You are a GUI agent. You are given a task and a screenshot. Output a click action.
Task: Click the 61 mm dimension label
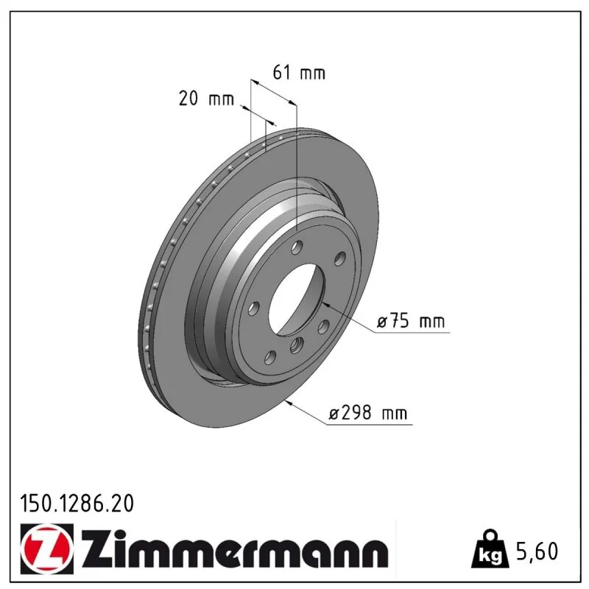[x=299, y=72]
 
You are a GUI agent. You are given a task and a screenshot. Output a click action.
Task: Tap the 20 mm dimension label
[x=206, y=99]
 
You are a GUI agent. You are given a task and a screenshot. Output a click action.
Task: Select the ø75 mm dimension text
[x=411, y=321]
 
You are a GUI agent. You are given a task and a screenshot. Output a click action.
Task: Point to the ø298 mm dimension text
[x=367, y=413]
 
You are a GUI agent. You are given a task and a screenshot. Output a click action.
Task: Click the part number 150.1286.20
[x=77, y=504]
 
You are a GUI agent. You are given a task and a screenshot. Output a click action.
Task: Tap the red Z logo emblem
[x=47, y=549]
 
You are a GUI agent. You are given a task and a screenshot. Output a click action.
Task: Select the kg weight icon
[x=490, y=549]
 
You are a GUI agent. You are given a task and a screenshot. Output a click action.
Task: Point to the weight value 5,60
[x=537, y=551]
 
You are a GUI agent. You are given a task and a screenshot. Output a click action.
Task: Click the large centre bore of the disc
[x=296, y=299]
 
